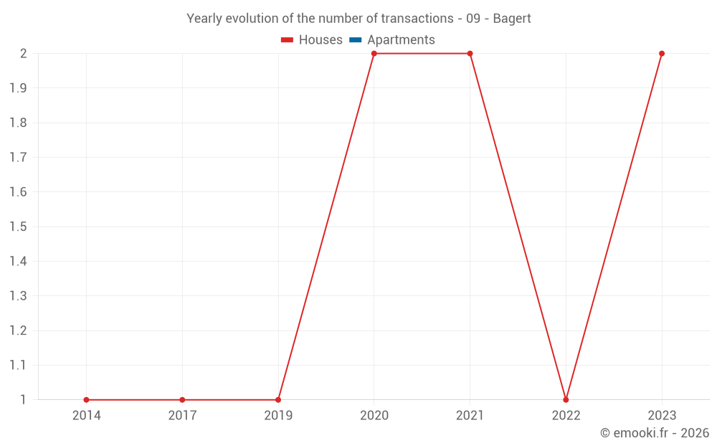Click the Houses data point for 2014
coord(86,400)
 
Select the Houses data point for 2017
coord(182,400)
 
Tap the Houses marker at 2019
coord(278,400)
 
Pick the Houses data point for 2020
coord(374,54)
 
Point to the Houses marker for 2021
coord(470,54)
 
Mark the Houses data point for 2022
coord(566,400)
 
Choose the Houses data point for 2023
coord(662,54)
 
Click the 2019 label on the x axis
coord(278,415)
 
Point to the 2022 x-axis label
coord(566,415)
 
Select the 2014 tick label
coord(86,415)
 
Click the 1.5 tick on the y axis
coord(18,227)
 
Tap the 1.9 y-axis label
coord(18,88)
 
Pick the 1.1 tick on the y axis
coord(18,365)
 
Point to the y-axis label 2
coord(23,54)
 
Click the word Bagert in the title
coord(512,19)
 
